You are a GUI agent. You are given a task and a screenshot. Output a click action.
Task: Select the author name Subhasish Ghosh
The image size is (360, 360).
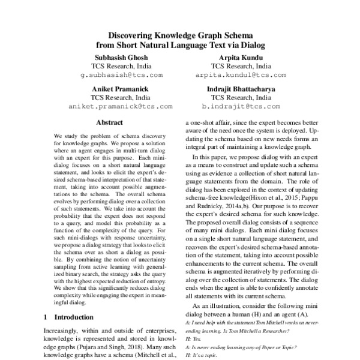tap(121, 56)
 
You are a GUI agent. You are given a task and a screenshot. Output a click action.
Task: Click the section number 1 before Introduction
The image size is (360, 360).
tap(47, 316)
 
